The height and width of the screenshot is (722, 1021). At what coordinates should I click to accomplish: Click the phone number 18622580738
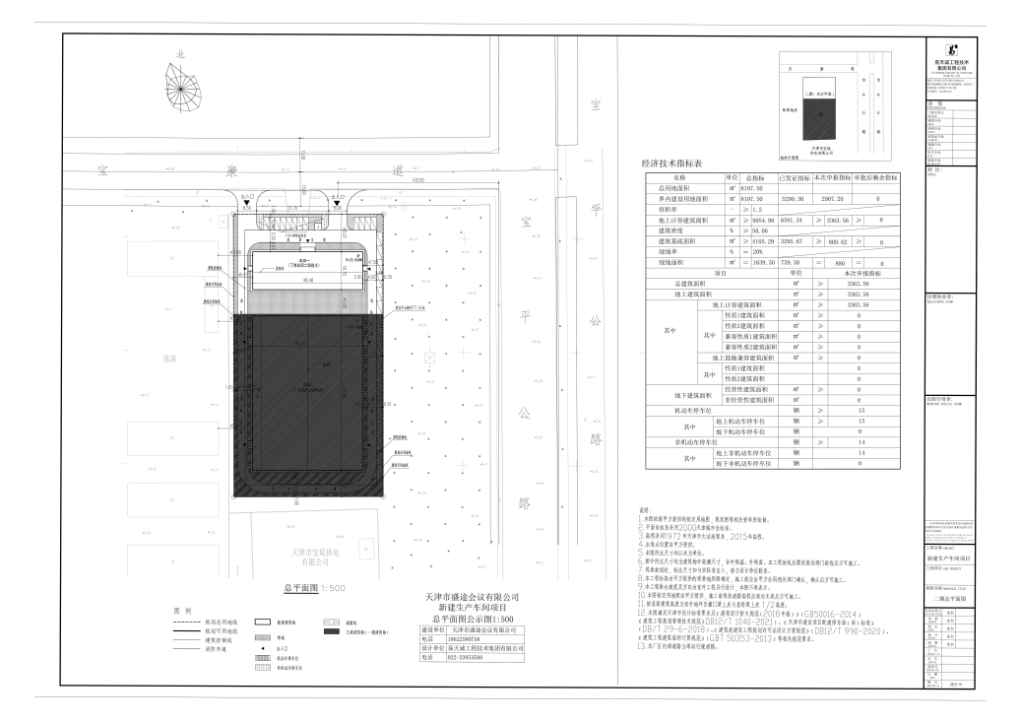471,639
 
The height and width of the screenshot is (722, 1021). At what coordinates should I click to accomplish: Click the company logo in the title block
952,48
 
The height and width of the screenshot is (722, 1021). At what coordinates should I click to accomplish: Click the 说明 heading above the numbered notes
646,511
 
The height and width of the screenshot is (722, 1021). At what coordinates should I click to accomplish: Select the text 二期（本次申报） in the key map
817,93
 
